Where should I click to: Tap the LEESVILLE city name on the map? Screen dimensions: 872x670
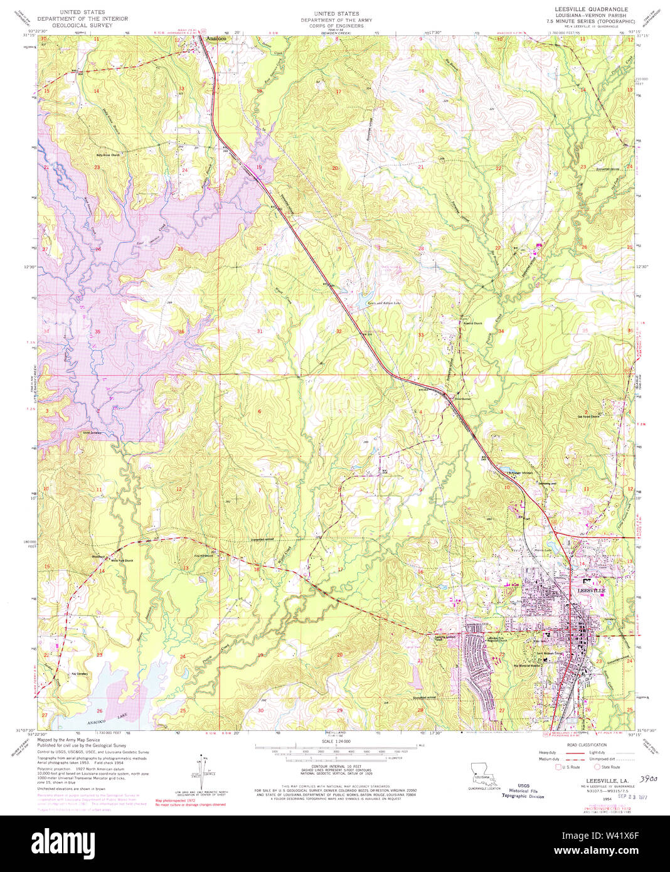pyautogui.click(x=590, y=591)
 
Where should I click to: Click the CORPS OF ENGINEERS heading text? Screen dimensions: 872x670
pyautogui.click(x=336, y=26)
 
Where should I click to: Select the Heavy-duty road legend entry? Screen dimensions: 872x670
pyautogui.click(x=546, y=753)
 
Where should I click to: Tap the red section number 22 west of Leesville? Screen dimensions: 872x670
pyautogui.click(x=502, y=655)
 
